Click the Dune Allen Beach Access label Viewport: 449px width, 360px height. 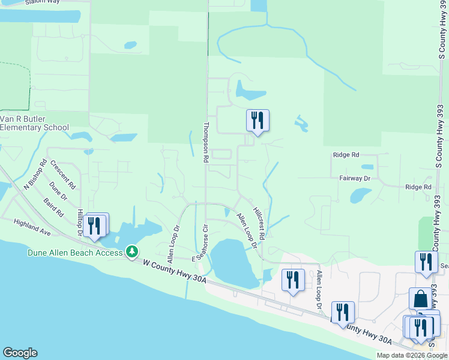[x=75, y=253]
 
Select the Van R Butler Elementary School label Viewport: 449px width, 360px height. [x=35, y=123]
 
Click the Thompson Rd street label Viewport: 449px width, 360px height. [x=205, y=143]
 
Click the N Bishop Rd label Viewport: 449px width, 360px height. [x=35, y=175]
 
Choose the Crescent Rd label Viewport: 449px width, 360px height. [x=61, y=172]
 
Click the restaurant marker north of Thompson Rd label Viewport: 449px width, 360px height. [x=258, y=121]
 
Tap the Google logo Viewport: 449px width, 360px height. [x=20, y=353]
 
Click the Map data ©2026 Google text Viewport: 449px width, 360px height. [x=412, y=355]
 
